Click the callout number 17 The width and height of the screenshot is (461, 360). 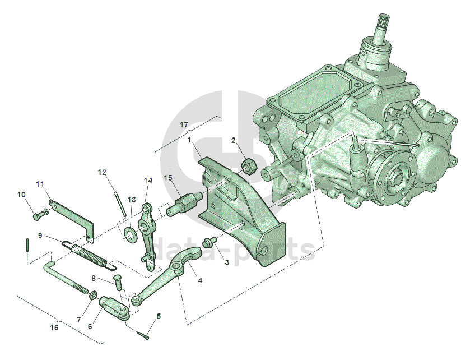point(184,124)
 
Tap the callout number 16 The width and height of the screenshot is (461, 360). point(54,327)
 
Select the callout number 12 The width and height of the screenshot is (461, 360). point(102,172)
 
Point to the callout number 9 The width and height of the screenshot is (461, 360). point(40,236)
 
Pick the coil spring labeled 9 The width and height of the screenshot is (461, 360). point(90,256)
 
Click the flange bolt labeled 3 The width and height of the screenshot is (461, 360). point(209,241)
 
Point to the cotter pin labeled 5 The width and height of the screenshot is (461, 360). point(143,335)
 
